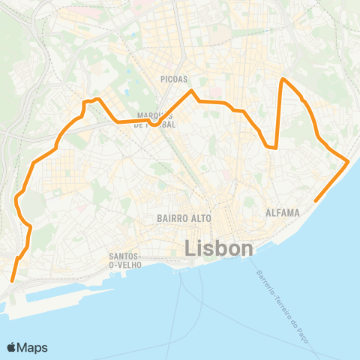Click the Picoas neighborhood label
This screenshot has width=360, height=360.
coord(173,78)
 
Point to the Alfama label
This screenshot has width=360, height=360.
coord(283,213)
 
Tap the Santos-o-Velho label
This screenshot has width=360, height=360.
coord(122,260)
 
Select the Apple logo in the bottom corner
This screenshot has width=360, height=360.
coord(12,347)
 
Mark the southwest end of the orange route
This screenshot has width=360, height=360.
coord(12,280)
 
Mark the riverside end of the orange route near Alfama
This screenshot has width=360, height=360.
coord(315,200)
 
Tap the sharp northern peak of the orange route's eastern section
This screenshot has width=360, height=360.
coord(282,79)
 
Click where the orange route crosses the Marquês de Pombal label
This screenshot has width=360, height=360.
coord(154,123)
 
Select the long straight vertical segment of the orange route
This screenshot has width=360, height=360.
coord(279,112)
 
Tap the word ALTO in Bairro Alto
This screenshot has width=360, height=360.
coord(199,217)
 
